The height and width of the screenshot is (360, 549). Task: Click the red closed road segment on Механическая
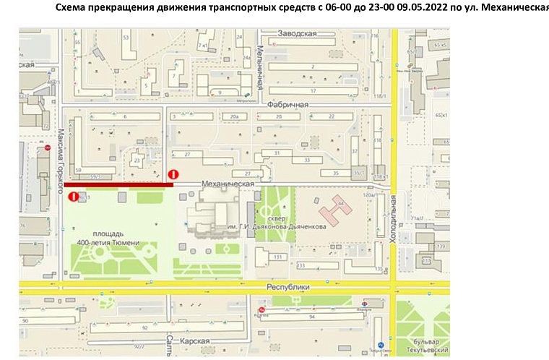(119, 185)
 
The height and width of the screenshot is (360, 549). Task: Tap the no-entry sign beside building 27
(173, 174)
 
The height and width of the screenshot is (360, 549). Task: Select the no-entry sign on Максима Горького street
(73, 196)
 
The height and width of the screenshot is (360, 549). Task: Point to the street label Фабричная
(288, 105)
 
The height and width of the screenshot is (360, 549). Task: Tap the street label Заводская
(298, 33)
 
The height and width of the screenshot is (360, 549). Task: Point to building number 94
(311, 317)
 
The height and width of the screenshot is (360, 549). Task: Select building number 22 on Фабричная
(330, 116)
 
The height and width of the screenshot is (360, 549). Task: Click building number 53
(126, 37)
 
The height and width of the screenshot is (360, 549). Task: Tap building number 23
(137, 161)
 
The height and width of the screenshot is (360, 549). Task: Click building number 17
(313, 90)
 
